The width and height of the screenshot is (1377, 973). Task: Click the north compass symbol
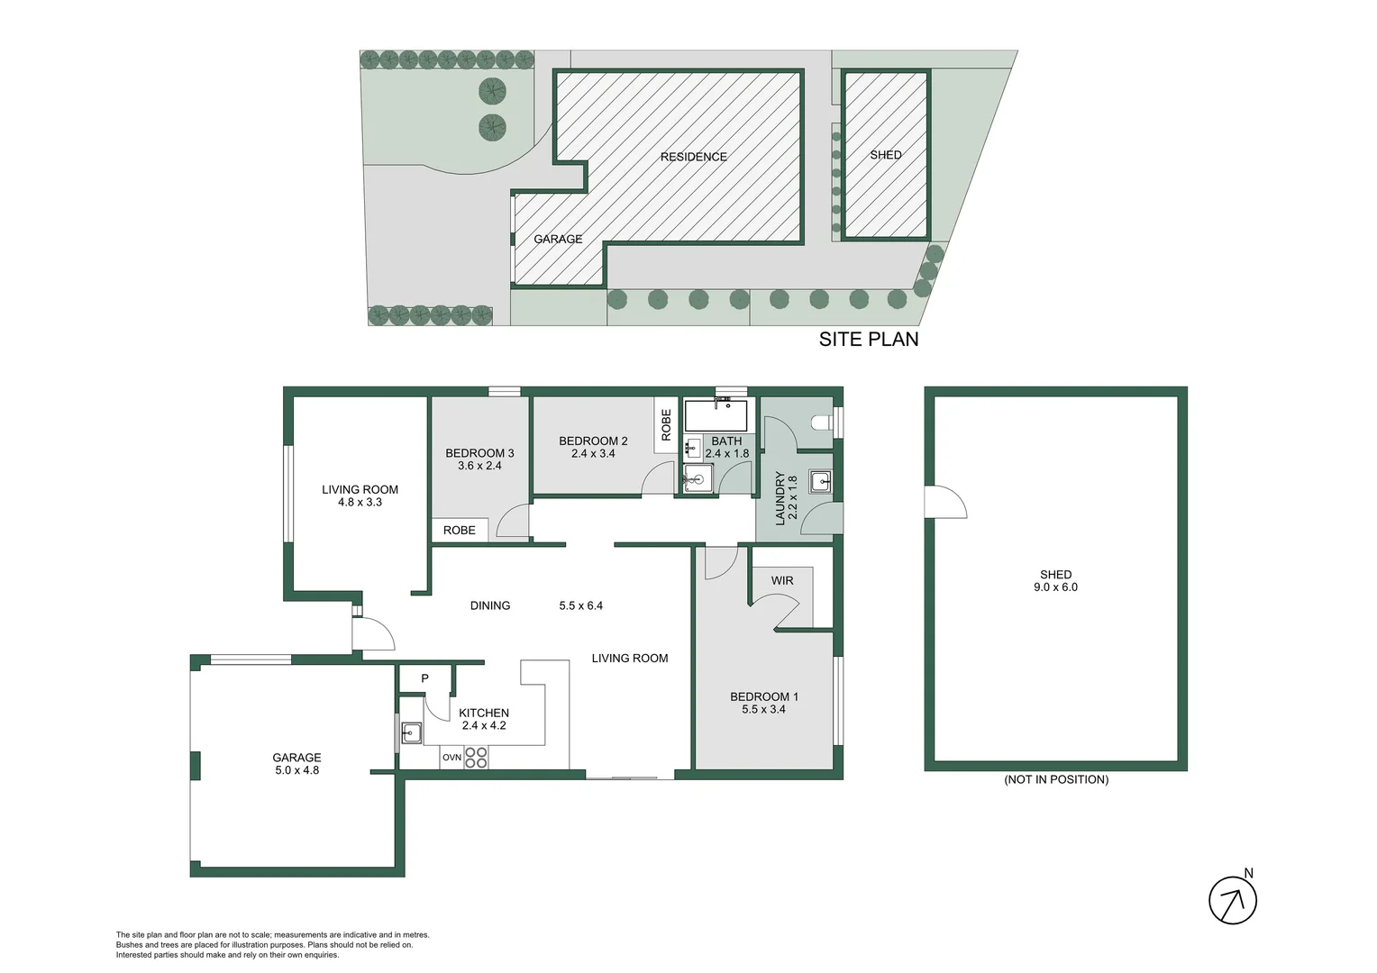[x=1232, y=899]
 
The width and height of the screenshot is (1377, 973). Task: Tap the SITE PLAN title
[x=868, y=340]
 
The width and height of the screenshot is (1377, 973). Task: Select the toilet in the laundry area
[x=819, y=422]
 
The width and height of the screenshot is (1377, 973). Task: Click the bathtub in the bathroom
[x=716, y=416]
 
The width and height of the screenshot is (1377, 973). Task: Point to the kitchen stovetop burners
[x=476, y=758]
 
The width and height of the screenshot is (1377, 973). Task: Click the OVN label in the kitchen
[x=451, y=758]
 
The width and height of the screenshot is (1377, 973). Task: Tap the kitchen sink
[x=412, y=732]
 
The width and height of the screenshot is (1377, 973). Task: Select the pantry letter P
[x=424, y=678]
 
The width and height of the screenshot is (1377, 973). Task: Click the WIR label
[x=782, y=581]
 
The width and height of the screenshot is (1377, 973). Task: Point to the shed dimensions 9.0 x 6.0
[x=1055, y=587]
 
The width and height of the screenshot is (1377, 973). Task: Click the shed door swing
[x=944, y=503]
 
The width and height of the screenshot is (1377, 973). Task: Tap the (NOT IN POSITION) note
[x=1056, y=779]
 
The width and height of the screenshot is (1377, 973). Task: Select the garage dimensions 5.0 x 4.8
[x=296, y=770]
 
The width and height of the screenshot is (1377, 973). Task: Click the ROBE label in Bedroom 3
[x=459, y=531]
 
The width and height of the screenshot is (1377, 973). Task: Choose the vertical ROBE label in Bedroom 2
[x=666, y=424]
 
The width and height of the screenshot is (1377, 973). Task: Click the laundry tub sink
[x=820, y=482]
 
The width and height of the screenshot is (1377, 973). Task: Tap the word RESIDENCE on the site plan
[x=693, y=157]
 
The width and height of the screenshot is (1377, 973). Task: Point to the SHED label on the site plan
[x=885, y=155]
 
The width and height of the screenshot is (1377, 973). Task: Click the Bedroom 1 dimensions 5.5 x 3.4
[x=763, y=709]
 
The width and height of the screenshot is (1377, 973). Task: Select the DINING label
[x=490, y=605]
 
